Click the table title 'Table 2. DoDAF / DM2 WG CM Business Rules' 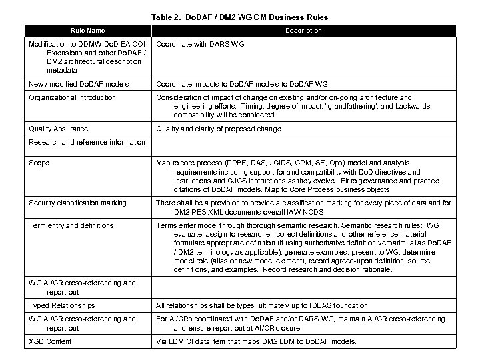click(x=239, y=17)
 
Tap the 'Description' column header click(x=303, y=31)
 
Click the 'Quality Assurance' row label click(x=59, y=129)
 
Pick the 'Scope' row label click(x=39, y=163)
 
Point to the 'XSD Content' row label click(x=50, y=341)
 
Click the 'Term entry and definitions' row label click(x=71, y=225)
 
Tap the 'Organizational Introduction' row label click(x=72, y=97)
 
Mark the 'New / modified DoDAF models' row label click(x=79, y=84)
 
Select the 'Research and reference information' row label click(x=87, y=142)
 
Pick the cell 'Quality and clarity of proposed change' click(x=219, y=129)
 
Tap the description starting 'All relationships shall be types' click(x=271, y=305)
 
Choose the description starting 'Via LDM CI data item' click(x=256, y=341)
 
